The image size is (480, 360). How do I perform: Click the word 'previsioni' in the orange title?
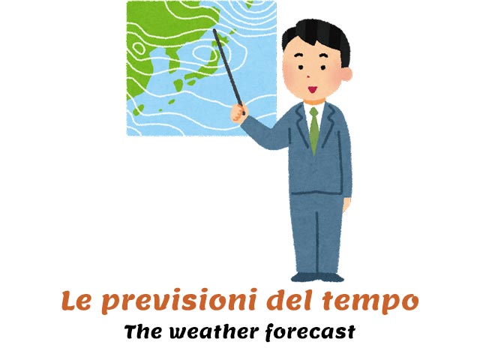[179, 301]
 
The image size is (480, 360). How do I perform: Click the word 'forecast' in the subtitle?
[310, 332]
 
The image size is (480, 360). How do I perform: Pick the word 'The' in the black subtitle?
[143, 331]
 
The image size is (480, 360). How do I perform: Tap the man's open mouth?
[312, 89]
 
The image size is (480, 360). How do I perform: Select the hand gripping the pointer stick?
[238, 113]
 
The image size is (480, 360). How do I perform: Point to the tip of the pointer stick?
[214, 30]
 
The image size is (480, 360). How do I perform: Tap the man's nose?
[308, 76]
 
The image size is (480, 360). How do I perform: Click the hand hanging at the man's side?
[346, 204]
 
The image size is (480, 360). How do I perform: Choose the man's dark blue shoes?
[317, 277]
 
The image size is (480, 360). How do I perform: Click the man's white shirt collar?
[314, 108]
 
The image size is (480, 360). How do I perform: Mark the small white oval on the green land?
[139, 48]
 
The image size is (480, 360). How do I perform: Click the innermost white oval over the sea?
[204, 52]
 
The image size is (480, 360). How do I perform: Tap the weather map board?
[202, 68]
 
